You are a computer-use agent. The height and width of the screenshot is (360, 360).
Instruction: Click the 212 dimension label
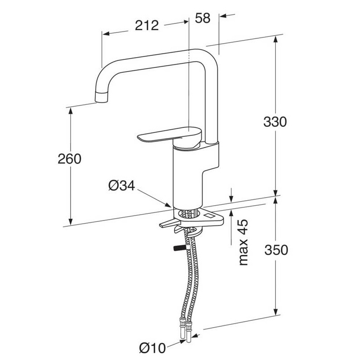(147, 26)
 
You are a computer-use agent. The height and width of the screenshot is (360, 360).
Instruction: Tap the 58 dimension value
(202, 18)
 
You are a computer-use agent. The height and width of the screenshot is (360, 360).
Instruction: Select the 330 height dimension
(275, 122)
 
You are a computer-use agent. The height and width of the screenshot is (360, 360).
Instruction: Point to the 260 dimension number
(69, 159)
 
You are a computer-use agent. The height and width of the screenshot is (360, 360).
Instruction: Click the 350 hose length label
(276, 250)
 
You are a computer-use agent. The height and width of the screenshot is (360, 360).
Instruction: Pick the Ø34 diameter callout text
(121, 185)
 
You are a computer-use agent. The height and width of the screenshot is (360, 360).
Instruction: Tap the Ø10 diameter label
(153, 348)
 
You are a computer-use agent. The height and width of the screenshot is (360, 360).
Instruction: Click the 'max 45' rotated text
(243, 243)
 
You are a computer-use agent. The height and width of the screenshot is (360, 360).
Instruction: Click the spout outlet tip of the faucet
(101, 97)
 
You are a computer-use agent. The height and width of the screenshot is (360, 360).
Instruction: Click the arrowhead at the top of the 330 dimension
(276, 40)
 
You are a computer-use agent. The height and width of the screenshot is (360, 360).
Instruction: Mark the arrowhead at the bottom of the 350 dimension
(276, 311)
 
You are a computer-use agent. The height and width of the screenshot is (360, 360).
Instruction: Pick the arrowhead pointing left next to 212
(106, 34)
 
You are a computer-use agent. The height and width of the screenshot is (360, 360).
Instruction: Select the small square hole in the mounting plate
(209, 216)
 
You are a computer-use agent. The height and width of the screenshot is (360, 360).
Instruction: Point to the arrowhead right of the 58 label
(223, 16)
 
